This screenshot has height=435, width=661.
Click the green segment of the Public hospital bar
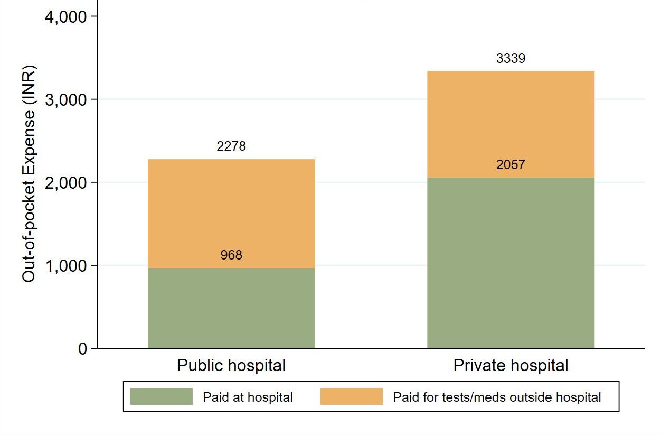tap(231, 308)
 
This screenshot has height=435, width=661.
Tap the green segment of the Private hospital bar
tap(511, 263)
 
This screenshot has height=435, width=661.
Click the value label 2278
tap(231, 146)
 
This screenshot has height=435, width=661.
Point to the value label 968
tap(231, 255)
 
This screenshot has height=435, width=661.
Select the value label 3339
tap(511, 59)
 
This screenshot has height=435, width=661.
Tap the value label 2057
tap(511, 165)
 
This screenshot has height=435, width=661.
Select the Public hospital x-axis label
tap(231, 365)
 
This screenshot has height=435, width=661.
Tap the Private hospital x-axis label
tap(511, 365)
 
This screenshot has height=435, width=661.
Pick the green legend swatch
tap(161, 397)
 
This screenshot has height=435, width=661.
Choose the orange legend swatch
tap(351, 397)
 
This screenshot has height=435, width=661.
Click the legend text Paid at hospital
tap(248, 397)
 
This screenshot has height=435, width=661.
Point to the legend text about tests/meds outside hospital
tap(497, 397)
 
